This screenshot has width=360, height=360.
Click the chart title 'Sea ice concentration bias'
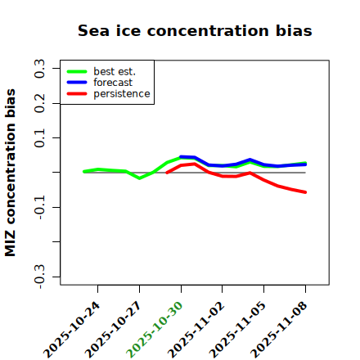tap(195, 30)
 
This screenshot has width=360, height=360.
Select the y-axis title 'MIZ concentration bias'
tap(11, 173)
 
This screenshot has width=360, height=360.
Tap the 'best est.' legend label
tap(115, 71)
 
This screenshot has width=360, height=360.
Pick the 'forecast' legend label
tap(113, 83)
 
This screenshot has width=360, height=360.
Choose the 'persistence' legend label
tap(122, 94)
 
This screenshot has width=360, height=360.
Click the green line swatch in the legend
tap(77, 71)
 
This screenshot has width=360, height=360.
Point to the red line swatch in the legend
tap(77, 94)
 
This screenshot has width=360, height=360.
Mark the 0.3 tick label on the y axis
tap(39, 69)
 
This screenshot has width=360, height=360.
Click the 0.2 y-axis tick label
tap(39, 103)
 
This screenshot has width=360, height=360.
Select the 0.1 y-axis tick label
tap(39, 138)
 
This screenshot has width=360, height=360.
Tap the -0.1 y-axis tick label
tap(39, 207)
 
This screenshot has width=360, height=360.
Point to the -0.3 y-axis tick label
tap(39, 277)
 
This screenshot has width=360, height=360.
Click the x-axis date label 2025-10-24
tap(72, 330)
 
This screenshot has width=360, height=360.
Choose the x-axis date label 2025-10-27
tap(113, 330)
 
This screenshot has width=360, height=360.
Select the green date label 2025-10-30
tap(155, 330)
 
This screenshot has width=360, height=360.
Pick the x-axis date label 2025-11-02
tap(196, 330)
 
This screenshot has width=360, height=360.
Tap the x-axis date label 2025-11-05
tap(237, 330)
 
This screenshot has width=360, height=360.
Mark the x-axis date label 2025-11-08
tap(279, 330)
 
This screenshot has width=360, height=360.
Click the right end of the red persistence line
tap(305, 192)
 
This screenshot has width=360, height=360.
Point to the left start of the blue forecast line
tap(181, 157)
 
